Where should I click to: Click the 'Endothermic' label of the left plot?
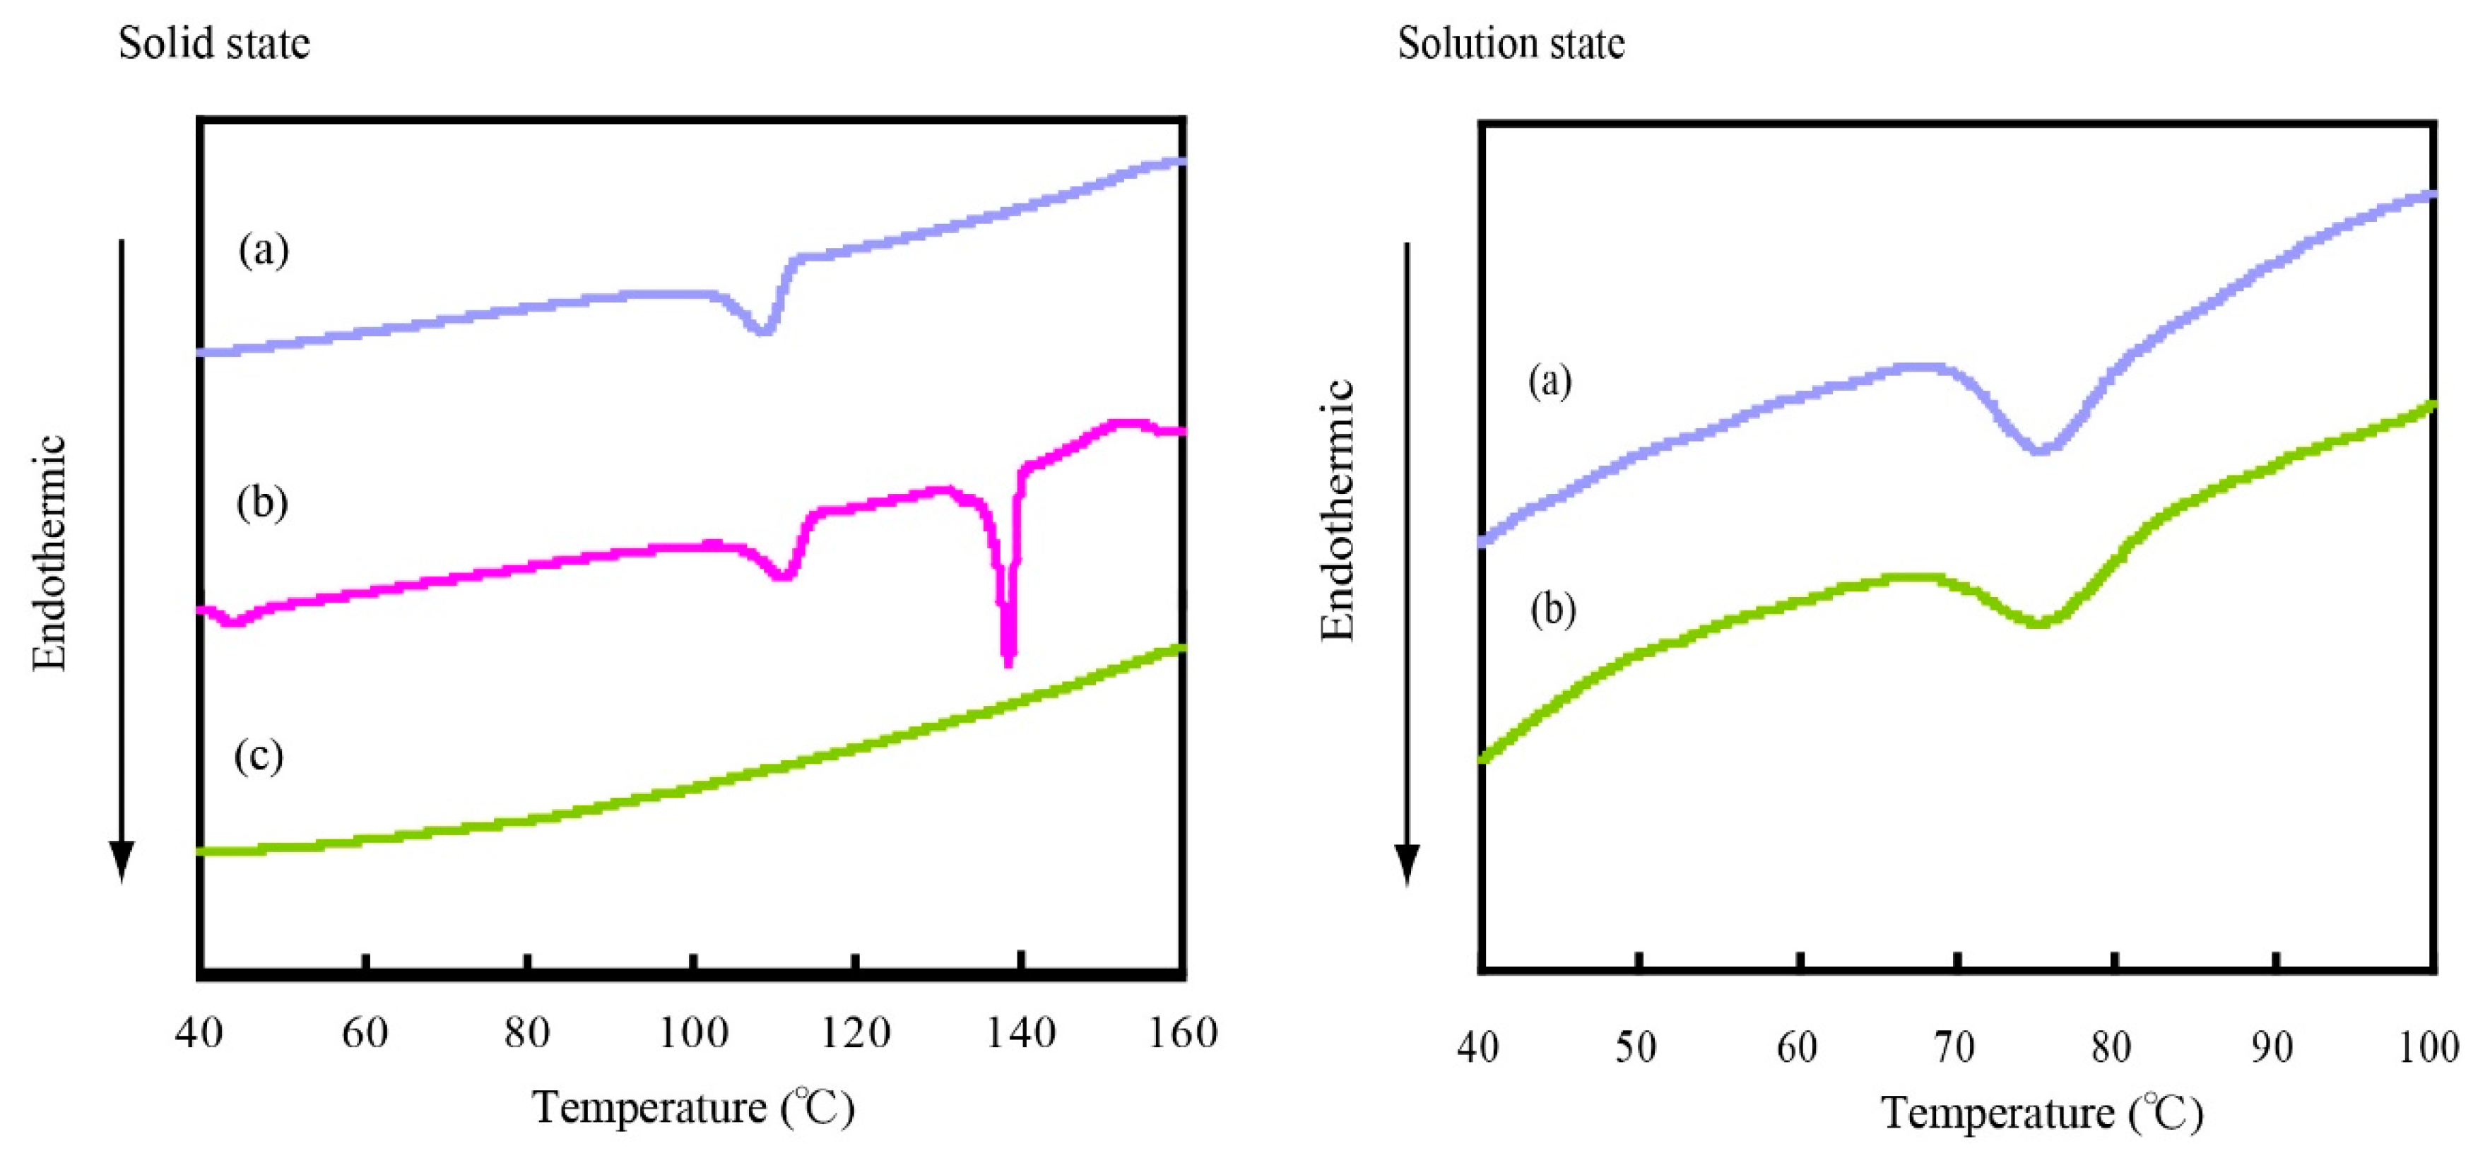click(x=50, y=553)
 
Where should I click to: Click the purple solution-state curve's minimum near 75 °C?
click(x=2039, y=449)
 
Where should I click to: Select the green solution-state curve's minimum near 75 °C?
click(x=2039, y=623)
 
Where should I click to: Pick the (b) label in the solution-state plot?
click(x=1552, y=610)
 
